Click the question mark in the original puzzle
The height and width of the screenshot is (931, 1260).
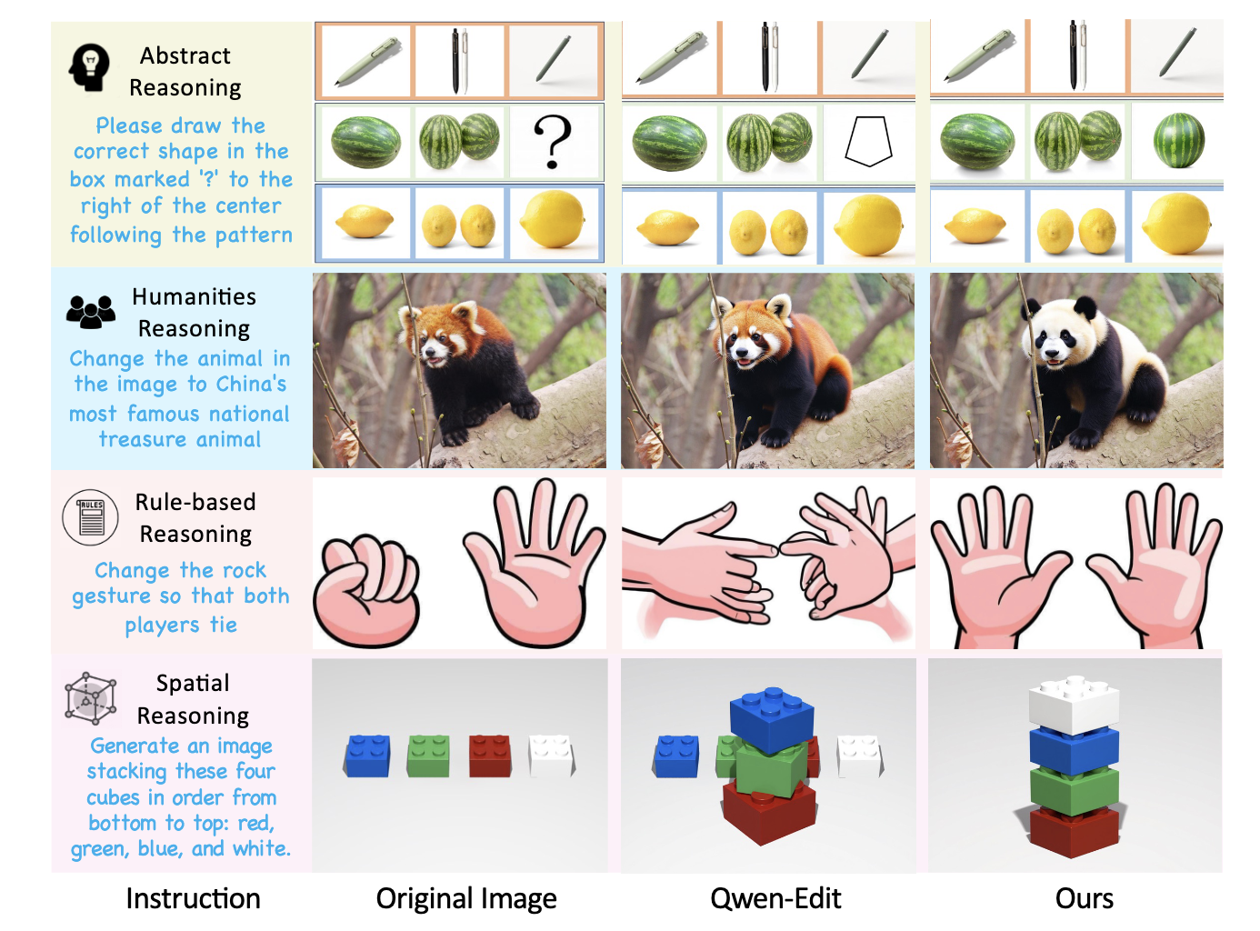coord(552,142)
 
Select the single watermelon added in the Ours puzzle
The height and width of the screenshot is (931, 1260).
coord(1178,140)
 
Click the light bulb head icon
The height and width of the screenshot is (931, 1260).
coord(88,67)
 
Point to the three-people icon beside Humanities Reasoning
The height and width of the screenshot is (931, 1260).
coord(91,312)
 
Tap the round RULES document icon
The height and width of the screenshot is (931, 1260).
coord(90,517)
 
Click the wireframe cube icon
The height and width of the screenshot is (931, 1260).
coord(90,698)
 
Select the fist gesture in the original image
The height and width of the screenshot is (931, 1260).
coord(367,590)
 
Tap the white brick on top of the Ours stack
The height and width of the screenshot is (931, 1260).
coord(1073,705)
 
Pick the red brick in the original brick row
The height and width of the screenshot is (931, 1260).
coord(490,756)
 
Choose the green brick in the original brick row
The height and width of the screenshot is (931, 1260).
coord(428,756)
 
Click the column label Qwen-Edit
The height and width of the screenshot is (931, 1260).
coord(775,898)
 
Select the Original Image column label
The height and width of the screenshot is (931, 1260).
coord(466,899)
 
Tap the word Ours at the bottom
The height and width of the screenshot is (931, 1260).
coord(1084,898)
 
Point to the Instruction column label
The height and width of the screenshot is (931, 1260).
coord(193,898)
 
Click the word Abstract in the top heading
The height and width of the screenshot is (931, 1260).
coord(185,55)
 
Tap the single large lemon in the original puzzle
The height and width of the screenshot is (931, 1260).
coord(552,219)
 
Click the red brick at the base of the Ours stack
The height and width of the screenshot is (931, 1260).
coord(1073,832)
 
